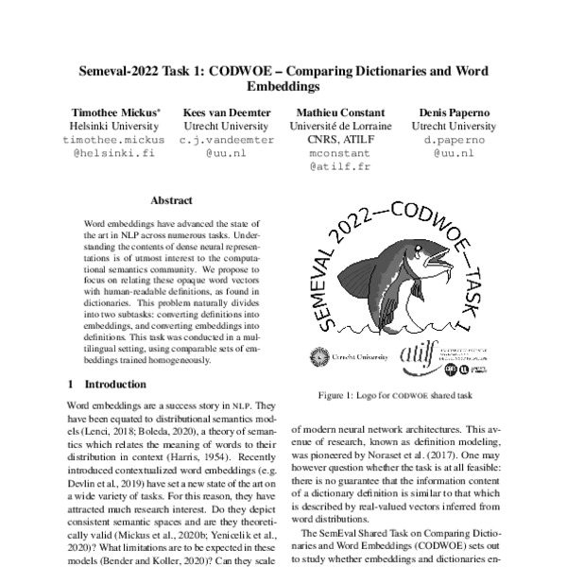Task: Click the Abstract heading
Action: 171,200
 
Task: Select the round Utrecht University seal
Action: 317,359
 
